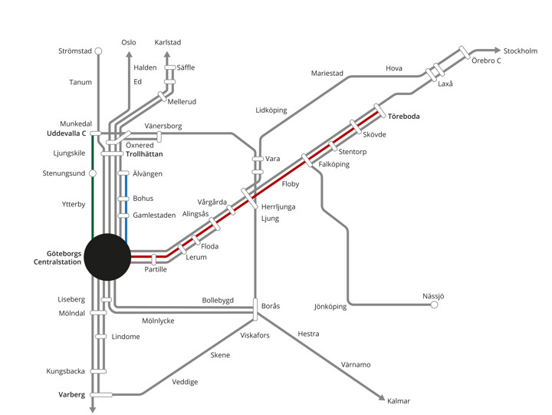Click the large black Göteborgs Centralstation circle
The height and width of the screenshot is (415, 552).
click(107, 257)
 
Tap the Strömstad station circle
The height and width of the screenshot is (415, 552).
click(97, 51)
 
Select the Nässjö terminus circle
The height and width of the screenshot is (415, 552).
click(434, 305)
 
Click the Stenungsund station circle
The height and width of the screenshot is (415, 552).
click(93, 173)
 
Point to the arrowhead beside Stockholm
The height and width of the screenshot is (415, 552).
click(496, 51)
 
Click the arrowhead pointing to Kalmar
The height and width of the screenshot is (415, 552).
click(380, 397)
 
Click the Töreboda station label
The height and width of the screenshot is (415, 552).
click(405, 117)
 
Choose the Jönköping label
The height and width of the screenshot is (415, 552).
click(330, 307)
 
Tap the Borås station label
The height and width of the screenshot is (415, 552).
click(271, 306)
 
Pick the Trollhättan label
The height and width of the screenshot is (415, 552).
click(144, 154)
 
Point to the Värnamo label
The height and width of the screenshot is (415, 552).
click(356, 364)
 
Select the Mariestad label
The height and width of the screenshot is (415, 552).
click(327, 74)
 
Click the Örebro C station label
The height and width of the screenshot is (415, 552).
click(486, 60)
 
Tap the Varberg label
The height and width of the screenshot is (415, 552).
click(71, 394)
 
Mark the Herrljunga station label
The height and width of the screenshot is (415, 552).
click(278, 207)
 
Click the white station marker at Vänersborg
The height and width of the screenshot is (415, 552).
click(159, 136)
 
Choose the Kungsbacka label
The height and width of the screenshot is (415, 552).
click(65, 371)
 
